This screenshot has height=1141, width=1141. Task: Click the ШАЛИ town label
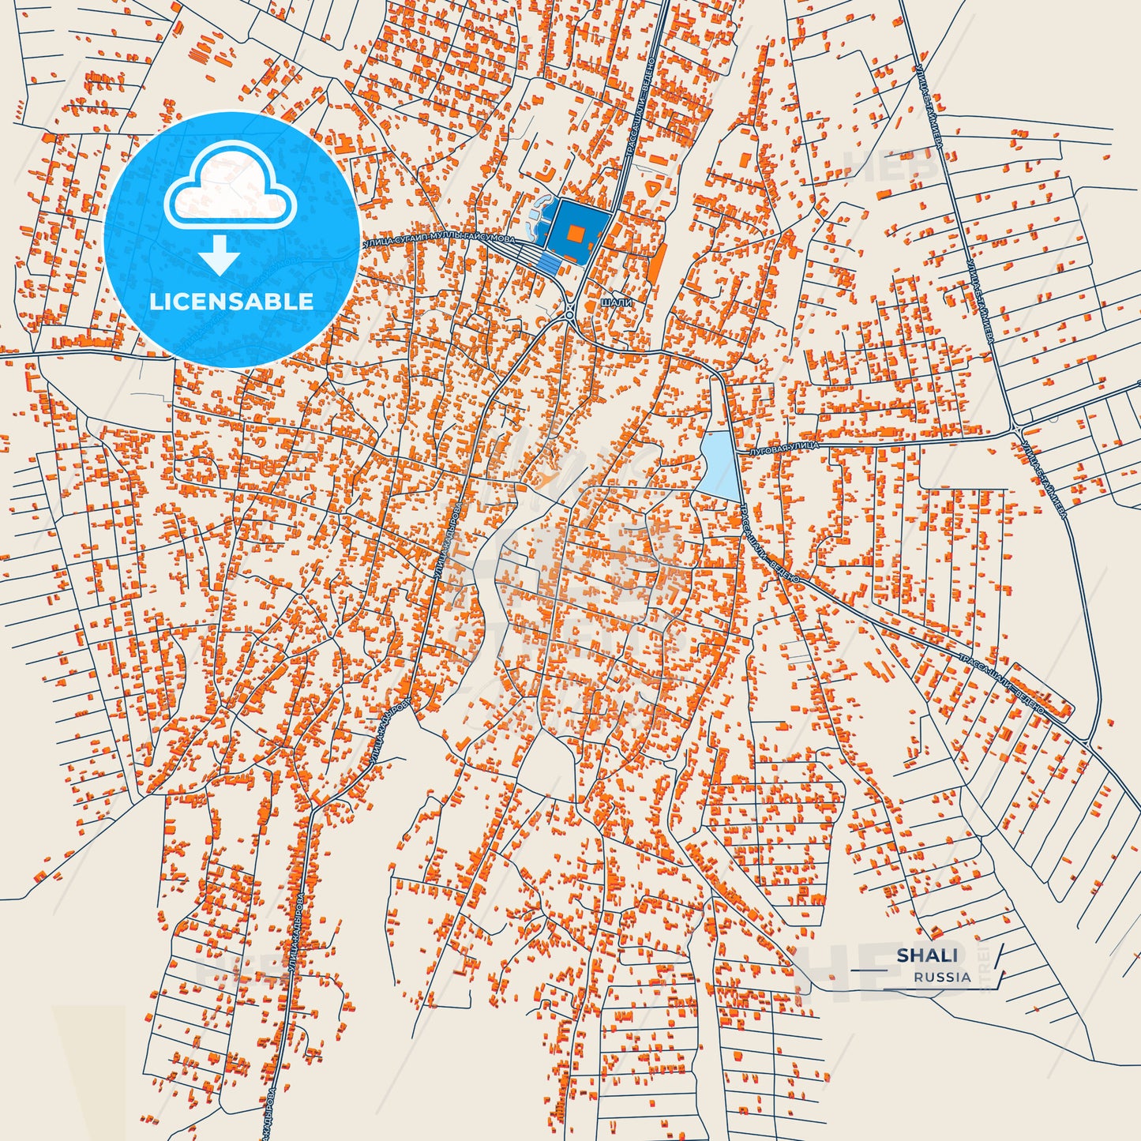[616, 302]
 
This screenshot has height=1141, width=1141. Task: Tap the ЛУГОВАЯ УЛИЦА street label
[786, 446]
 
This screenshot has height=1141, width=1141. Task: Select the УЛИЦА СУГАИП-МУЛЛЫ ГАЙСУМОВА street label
[439, 239]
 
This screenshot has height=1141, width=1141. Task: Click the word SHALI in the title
[927, 955]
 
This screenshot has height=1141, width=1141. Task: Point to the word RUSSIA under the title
[942, 977]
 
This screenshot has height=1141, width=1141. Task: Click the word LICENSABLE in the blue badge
[231, 301]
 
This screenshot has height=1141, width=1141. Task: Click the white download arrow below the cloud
[220, 254]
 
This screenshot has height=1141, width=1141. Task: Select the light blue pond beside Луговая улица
[718, 464]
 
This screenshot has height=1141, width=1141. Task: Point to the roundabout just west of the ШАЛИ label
[570, 313]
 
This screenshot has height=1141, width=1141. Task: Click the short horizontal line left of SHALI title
[869, 969]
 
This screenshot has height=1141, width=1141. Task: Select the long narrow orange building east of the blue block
[655, 261]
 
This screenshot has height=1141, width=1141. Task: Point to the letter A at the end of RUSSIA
[966, 977]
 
